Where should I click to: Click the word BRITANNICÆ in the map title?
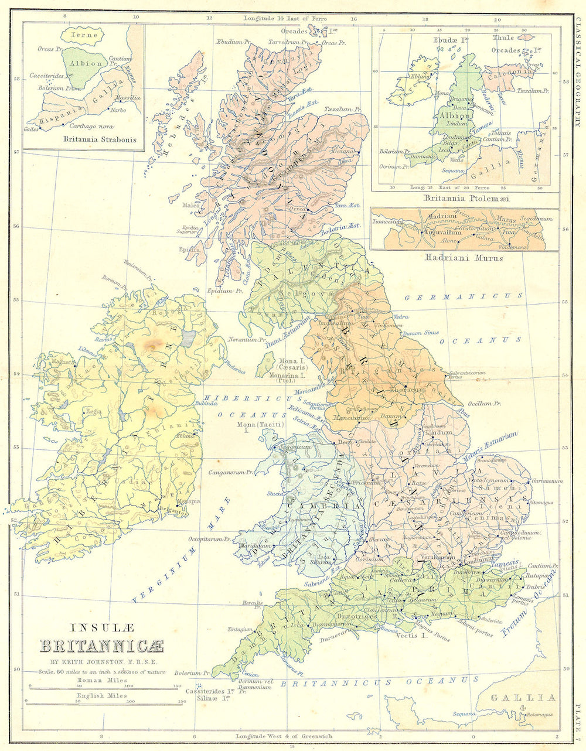(101, 647)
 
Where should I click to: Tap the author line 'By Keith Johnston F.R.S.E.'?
(101, 663)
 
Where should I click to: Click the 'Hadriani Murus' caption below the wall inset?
(464, 257)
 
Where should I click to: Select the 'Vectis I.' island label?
(411, 635)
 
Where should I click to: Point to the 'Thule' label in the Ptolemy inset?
(503, 38)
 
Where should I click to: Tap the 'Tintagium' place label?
(240, 629)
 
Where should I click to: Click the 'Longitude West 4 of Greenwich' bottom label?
(284, 736)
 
